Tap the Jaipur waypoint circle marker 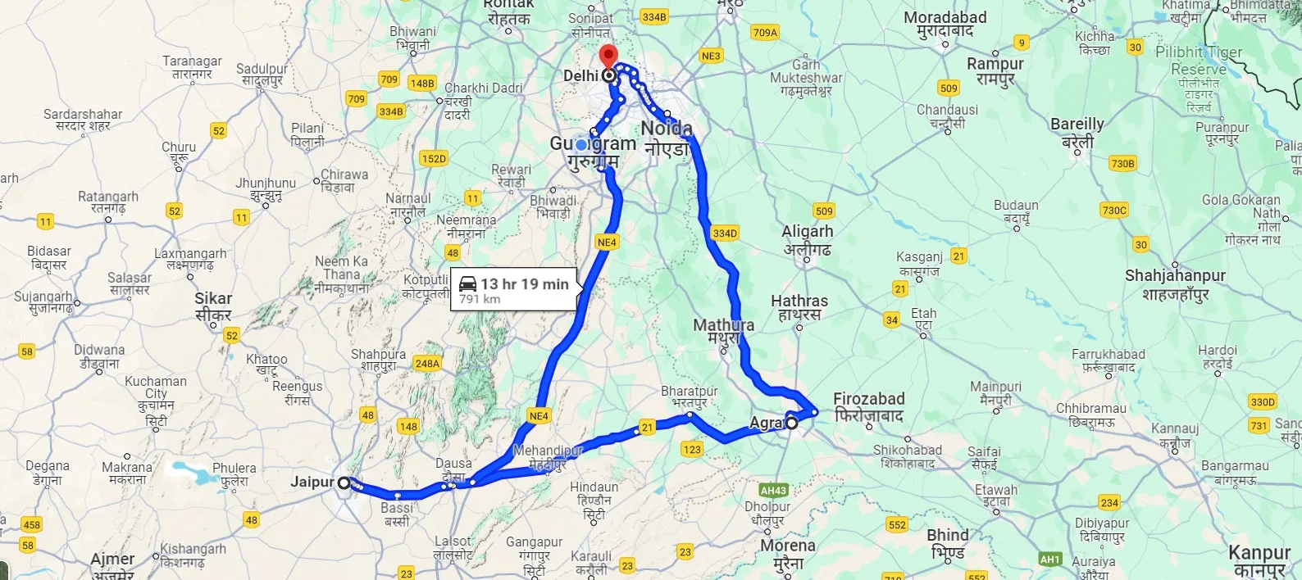tap(344, 483)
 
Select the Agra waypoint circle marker tap(791, 424)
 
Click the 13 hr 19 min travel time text tap(525, 284)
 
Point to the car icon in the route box tap(467, 284)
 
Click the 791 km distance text tap(480, 300)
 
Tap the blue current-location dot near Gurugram tap(581, 145)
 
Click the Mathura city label tap(723, 325)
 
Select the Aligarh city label tap(807, 232)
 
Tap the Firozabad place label tap(868, 399)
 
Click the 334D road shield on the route tap(725, 233)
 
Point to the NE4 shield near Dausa tap(539, 416)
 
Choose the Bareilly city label tap(1077, 125)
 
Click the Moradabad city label tap(945, 18)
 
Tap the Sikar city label tap(213, 299)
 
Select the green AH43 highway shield tap(773, 491)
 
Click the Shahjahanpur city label tap(1174, 276)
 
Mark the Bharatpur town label tap(689, 392)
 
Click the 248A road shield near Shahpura tap(427, 364)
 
